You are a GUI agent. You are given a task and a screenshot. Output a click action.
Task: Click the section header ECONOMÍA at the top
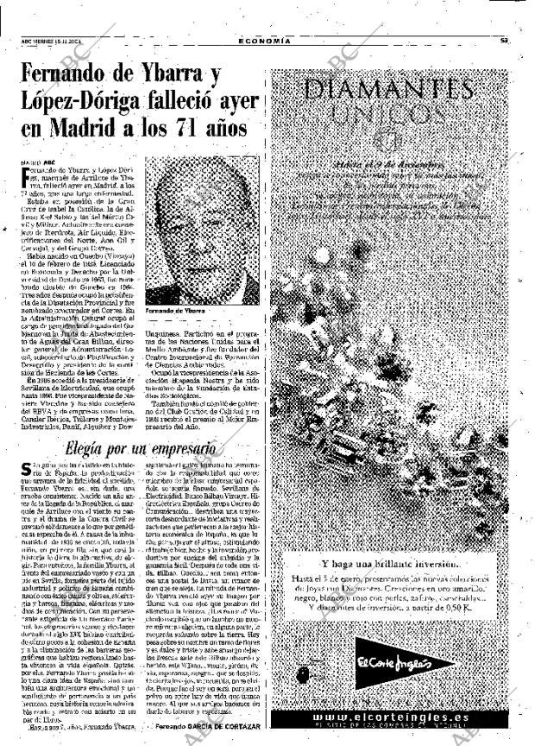point(264,41)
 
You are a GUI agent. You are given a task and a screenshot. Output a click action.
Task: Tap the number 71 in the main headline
point(198,130)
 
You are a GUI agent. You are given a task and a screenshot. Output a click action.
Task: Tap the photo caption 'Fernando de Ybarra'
point(172,310)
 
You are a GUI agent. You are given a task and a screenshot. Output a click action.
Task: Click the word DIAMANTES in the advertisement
point(390,89)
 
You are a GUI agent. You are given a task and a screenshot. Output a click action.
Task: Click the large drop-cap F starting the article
point(24,175)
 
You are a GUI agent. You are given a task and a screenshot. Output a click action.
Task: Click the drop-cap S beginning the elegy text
point(25,471)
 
